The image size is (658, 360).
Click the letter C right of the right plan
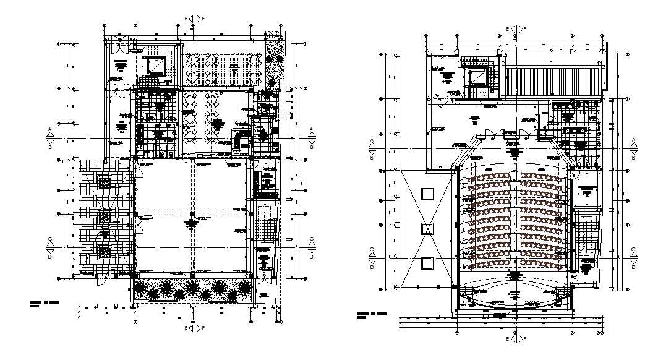[634, 250]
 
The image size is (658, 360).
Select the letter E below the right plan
[508, 340]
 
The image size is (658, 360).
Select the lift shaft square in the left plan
[155, 66]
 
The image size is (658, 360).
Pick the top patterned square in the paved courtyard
[106, 182]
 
